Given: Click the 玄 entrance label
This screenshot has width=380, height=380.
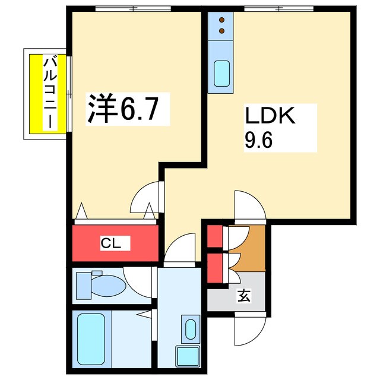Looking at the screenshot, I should tap(245, 294).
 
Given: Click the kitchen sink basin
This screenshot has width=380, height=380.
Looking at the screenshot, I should tap(222, 74).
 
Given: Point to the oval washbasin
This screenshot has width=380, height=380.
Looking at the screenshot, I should tap(191, 329).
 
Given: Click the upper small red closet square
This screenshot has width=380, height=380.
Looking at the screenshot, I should tap(214, 236).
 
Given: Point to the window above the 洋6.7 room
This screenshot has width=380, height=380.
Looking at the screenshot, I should tap(133, 8).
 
